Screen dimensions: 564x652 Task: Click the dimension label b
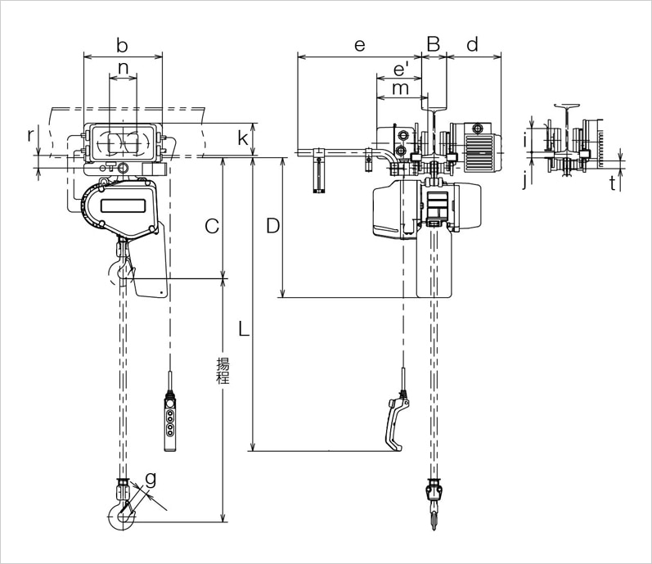click(123, 43)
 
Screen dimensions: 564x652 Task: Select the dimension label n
click(123, 67)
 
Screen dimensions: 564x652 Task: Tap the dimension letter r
click(31, 133)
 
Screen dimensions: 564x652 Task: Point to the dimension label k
click(243, 138)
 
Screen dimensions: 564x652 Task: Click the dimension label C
click(211, 226)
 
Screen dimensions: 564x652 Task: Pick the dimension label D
click(273, 226)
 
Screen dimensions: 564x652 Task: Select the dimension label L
click(243, 329)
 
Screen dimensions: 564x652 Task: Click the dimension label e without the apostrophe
click(358, 45)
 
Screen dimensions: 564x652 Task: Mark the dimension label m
click(399, 88)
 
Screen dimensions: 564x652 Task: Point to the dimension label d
click(473, 45)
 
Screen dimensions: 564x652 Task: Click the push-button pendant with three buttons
click(169, 421)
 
